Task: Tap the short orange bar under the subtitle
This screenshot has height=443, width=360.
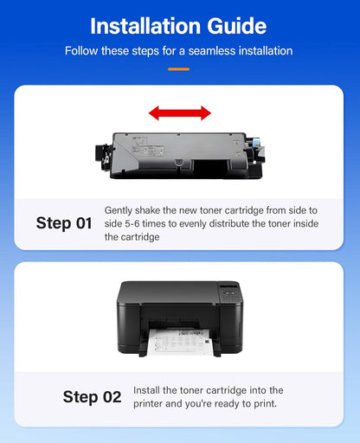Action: [179, 68]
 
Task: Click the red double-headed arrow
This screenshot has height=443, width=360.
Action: [179, 112]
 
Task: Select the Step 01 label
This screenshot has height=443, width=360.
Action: [64, 223]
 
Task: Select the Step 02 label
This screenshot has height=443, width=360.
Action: [92, 397]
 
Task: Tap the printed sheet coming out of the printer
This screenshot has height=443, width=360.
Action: [180, 342]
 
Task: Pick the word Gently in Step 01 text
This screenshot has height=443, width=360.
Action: [120, 210]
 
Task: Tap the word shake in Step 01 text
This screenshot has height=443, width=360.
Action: [153, 210]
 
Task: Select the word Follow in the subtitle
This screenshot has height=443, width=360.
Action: [83, 51]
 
